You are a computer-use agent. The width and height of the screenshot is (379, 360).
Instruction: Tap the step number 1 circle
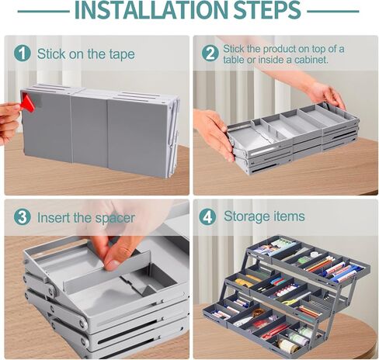tap(22, 54)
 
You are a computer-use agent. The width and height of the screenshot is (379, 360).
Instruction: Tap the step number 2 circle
tap(210, 54)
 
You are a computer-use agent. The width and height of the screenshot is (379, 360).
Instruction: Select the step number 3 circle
tap(22, 218)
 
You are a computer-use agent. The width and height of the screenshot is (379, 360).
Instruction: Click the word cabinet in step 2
tap(308, 60)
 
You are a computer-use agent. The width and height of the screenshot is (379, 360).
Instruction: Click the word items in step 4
tap(288, 216)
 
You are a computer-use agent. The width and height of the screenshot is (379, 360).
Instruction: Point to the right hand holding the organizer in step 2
tap(327, 94)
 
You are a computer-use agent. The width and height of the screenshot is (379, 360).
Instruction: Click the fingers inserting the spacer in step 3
tap(116, 248)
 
